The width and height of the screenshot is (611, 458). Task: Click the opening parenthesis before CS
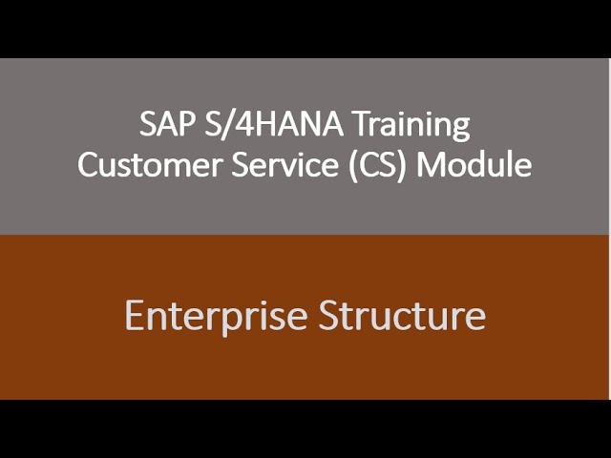click(353, 165)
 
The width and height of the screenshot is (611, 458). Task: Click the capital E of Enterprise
click(134, 315)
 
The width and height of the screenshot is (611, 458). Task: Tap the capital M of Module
click(431, 164)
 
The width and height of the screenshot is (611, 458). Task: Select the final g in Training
click(462, 128)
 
